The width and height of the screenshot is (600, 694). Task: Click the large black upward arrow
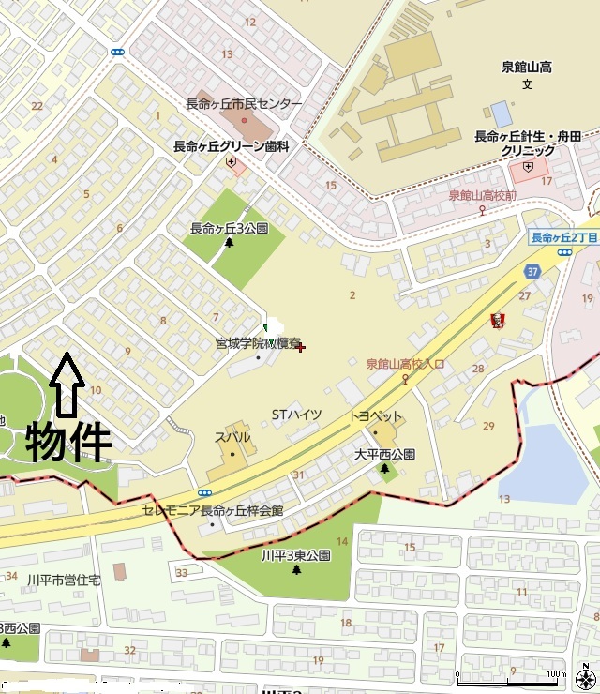coord(66,385)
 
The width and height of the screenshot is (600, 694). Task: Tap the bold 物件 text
coord(68,442)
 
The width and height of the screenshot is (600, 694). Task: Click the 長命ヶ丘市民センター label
coord(244,104)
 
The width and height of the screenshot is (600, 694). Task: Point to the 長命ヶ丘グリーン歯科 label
coord(231,146)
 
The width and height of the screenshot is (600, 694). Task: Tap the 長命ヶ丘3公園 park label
coord(229,228)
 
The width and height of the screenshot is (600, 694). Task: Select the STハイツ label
coord(296,415)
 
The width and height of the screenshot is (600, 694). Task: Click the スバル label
coord(232,437)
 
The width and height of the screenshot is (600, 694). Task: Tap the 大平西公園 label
coord(384,454)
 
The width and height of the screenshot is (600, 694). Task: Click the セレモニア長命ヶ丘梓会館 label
coord(213,510)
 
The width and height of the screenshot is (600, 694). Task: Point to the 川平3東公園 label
coord(296,555)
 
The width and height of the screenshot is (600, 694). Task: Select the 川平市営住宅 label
coord(64,581)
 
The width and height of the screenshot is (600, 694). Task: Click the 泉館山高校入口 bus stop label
coord(405,364)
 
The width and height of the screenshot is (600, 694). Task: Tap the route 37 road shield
coord(532,272)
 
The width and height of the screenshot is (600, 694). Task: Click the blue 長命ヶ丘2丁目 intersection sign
coord(564,237)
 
